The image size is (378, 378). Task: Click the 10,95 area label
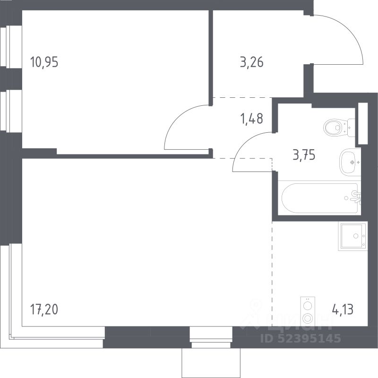pyautogui.click(x=44, y=62)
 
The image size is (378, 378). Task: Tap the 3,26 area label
pyautogui.click(x=252, y=62)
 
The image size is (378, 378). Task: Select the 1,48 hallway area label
pyautogui.click(x=252, y=119)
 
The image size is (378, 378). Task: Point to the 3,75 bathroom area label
pyautogui.click(x=304, y=155)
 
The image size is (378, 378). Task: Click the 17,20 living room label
pyautogui.click(x=44, y=309)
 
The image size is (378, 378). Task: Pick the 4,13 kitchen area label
pyautogui.click(x=343, y=309)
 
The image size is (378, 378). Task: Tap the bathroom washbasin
pyautogui.click(x=350, y=162)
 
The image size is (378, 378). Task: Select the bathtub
pyautogui.click(x=320, y=198)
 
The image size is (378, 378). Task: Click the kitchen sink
pyautogui.click(x=353, y=236)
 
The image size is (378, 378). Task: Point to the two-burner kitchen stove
pyautogui.click(x=308, y=311)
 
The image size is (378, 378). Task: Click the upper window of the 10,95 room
pyautogui.click(x=11, y=47)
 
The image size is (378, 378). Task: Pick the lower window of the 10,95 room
pyautogui.click(x=11, y=111)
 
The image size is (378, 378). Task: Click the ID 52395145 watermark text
pyautogui.click(x=301, y=338)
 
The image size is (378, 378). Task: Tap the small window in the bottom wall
pyautogui.click(x=211, y=337)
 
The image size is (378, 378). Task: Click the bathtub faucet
pyautogui.click(x=356, y=197)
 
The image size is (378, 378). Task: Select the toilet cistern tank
pyautogui.click(x=352, y=128)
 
